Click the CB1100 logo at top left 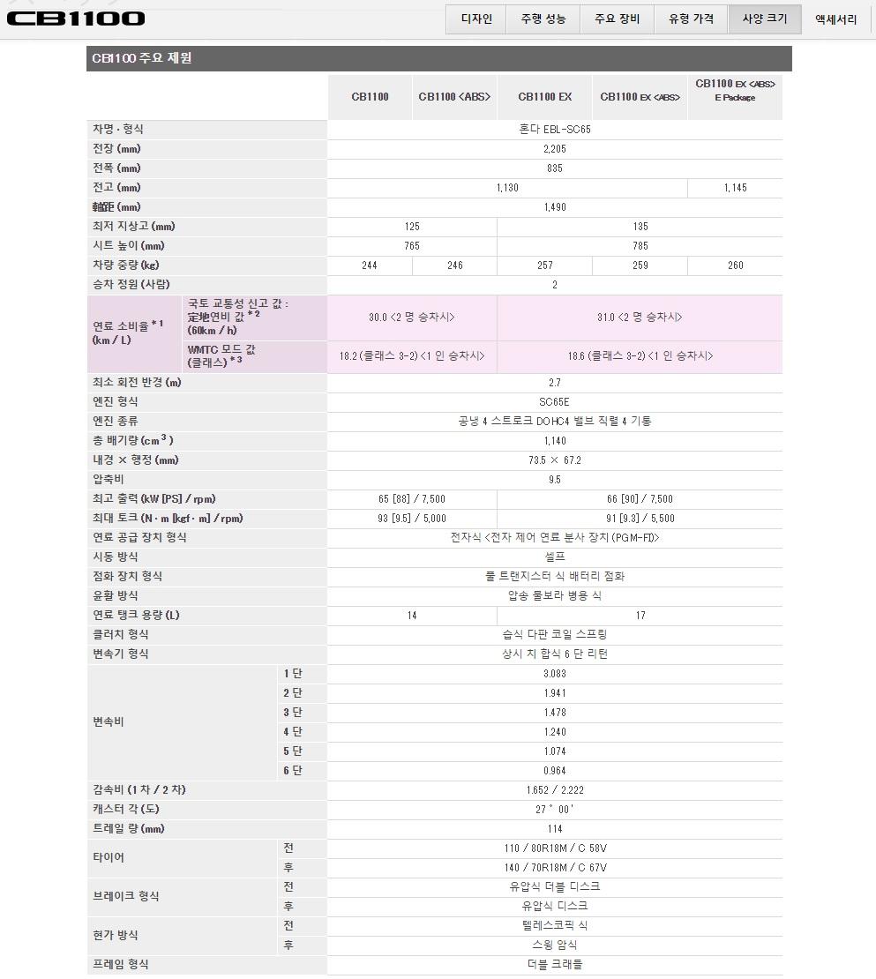click(x=76, y=19)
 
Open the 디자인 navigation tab click(x=476, y=19)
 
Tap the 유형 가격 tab click(x=691, y=19)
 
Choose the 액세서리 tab click(x=835, y=19)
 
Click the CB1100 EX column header click(x=544, y=97)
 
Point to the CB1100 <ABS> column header click(x=454, y=97)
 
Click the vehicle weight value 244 click(x=370, y=265)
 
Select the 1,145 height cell click(x=735, y=188)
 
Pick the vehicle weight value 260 click(x=735, y=265)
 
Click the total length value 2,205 click(x=555, y=149)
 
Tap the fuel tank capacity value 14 click(x=412, y=616)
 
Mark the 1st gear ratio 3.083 click(x=555, y=674)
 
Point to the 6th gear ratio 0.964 click(x=555, y=771)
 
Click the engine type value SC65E click(x=555, y=402)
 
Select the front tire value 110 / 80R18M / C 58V click(x=555, y=848)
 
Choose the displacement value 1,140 click(x=555, y=441)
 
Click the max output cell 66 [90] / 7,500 click(x=640, y=499)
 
